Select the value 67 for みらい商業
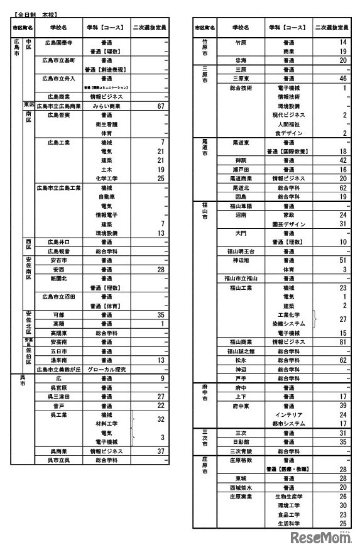pyautogui.click(x=160, y=106)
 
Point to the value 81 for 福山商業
pyautogui.click(x=343, y=342)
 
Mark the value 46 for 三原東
pyautogui.click(x=343, y=79)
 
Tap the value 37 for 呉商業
pyautogui.click(x=160, y=451)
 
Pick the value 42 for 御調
pyautogui.click(x=343, y=161)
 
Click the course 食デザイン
pyautogui.click(x=289, y=133)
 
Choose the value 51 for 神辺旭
pyautogui.click(x=343, y=260)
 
